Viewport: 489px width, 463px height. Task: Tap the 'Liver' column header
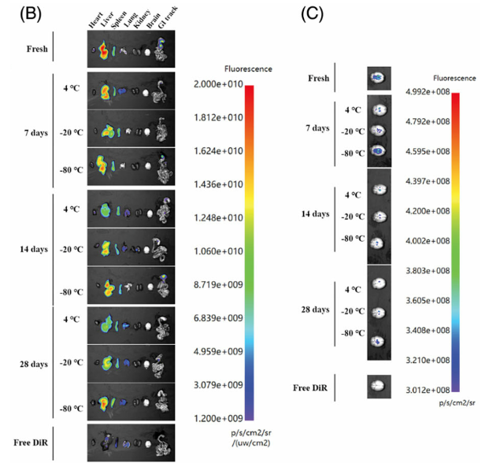(x=106, y=22)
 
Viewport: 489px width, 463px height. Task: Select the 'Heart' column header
(x=94, y=22)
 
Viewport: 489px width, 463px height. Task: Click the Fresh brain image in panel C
(x=379, y=77)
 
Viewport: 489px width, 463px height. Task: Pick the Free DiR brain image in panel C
(x=379, y=386)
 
